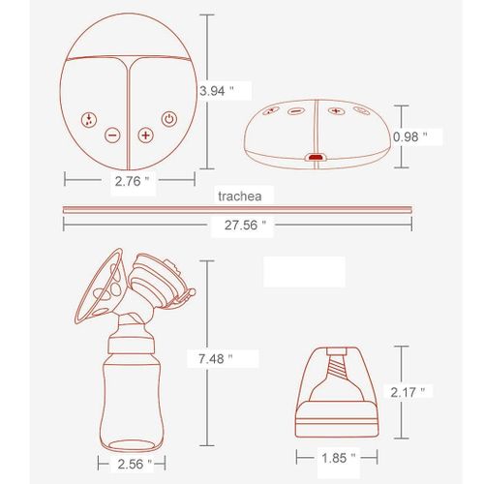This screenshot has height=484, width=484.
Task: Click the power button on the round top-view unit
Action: tap(169, 120)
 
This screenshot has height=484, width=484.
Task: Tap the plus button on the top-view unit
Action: tap(145, 136)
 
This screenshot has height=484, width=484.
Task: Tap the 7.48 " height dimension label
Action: tap(214, 358)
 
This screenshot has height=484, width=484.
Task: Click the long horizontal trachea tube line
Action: tap(237, 208)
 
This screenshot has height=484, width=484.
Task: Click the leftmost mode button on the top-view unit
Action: tap(88, 120)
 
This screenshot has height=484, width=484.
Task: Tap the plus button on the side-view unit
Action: tap(335, 111)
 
